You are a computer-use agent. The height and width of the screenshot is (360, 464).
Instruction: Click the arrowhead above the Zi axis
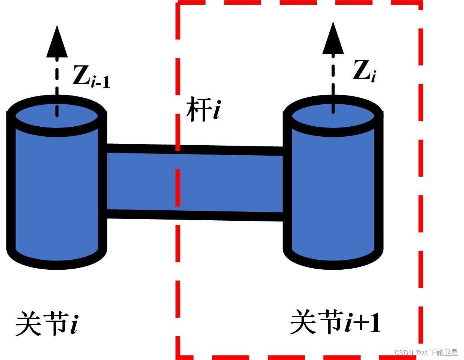coord(333,39)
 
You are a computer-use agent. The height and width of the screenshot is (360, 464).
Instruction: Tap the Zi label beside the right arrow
coord(364,71)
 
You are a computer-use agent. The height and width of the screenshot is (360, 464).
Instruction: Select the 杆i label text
coord(203,109)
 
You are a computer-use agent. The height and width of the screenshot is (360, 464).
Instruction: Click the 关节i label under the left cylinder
coord(47,323)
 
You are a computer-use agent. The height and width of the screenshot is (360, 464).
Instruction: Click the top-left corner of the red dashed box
coord(178,4)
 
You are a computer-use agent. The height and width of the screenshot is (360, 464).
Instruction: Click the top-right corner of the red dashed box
coord(421,4)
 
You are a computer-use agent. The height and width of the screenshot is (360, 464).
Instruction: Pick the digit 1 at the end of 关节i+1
coord(375,322)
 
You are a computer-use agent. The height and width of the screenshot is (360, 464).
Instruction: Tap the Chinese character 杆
coord(196,109)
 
